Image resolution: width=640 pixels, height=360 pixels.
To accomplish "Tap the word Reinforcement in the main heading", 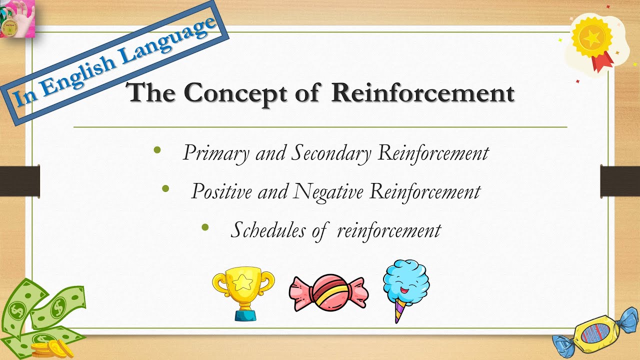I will [x=422, y=93].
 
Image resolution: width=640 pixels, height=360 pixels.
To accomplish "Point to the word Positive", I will [x=221, y=191].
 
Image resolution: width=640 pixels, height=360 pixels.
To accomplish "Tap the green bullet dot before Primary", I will [x=157, y=149].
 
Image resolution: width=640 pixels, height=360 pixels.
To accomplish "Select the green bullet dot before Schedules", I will [x=204, y=227].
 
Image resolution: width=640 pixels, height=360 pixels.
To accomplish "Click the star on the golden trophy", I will [x=243, y=283].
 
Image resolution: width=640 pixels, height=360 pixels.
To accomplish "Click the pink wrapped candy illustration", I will [x=328, y=293].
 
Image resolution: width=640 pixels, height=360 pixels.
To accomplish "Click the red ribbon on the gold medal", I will [x=602, y=61].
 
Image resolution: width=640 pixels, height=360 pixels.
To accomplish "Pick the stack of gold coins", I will [x=48, y=347].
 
